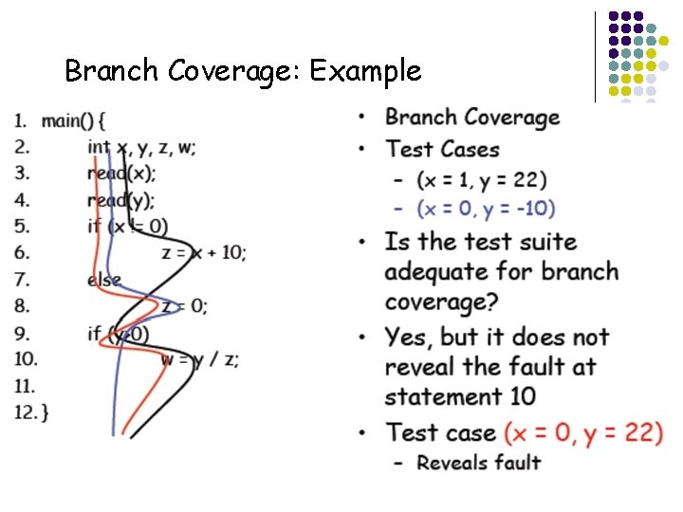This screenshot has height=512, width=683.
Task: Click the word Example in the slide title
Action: point(365,71)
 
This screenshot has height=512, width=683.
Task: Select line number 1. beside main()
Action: point(21,120)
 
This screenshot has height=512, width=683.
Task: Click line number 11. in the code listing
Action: point(25,386)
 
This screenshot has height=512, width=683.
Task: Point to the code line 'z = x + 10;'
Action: point(204,252)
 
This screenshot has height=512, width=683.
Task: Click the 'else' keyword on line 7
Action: point(104,280)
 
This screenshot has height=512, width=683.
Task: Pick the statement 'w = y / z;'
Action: point(199,359)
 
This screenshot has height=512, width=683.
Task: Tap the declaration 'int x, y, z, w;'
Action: point(142,147)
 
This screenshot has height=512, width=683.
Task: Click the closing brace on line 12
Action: point(46,412)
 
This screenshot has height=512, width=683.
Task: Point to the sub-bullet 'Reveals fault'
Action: point(479,463)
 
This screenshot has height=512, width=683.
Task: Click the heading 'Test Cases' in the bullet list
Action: point(442,149)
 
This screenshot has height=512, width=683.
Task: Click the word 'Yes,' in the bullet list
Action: point(411,337)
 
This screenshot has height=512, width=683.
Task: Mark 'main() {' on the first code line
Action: point(74,120)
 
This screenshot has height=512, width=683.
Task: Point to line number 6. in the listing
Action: point(22,252)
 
